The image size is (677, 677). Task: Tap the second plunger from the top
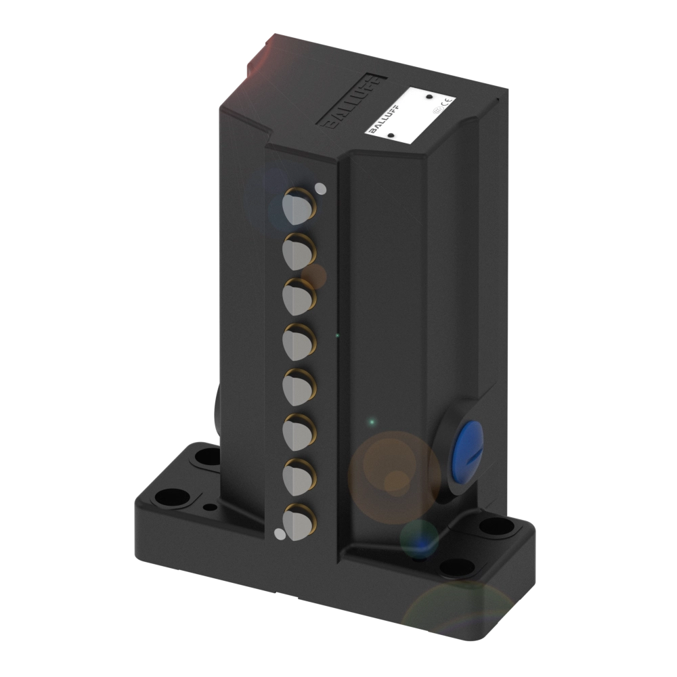pos(297,251)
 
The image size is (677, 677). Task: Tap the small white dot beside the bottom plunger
pos(278,535)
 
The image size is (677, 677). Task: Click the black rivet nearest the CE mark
pos(429,96)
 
